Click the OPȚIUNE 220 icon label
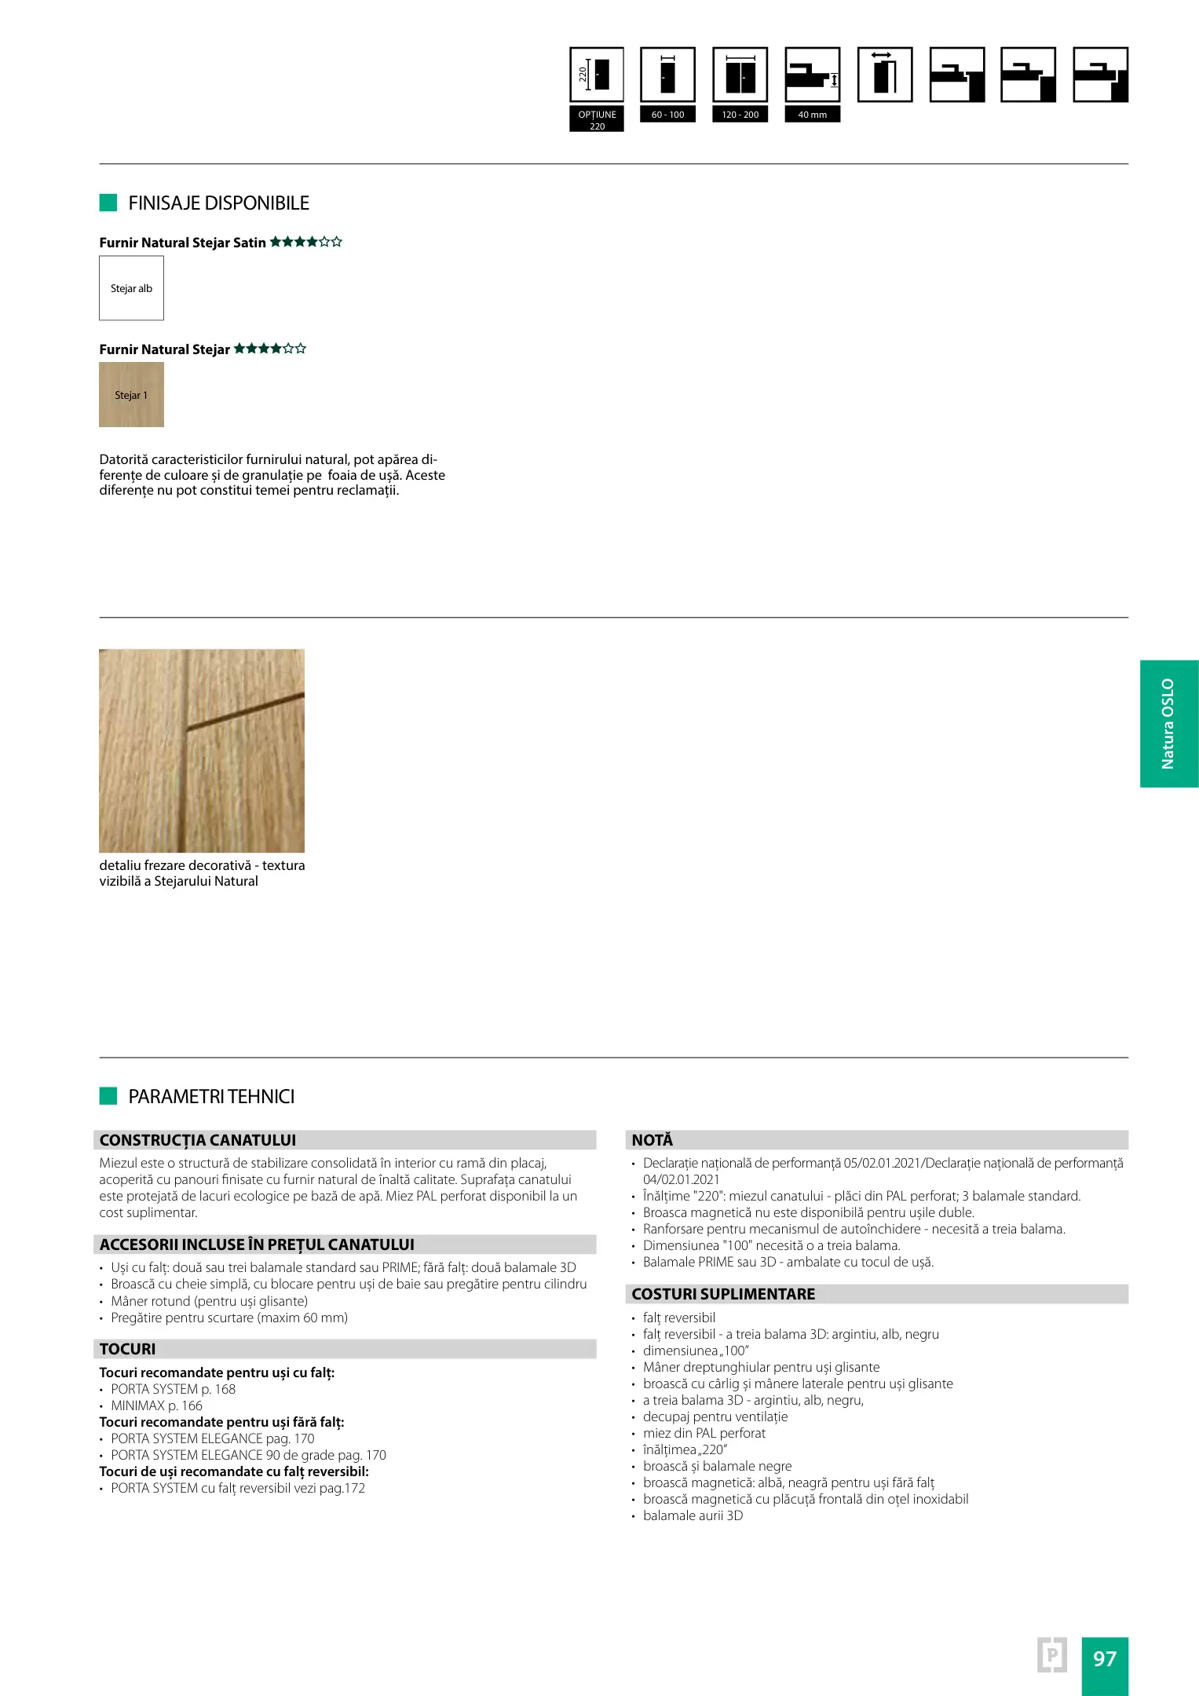[x=597, y=119]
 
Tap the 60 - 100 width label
[x=667, y=115]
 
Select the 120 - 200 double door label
[x=740, y=115]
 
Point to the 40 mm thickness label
[x=812, y=115]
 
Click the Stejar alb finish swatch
[x=131, y=288]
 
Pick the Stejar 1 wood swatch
[x=131, y=395]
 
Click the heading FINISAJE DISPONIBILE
[x=218, y=203]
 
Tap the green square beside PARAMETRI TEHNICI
[x=108, y=1096]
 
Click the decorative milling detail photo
[x=202, y=751]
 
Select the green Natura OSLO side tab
[x=1168, y=723]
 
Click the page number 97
[x=1104, y=1658]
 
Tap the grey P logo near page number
[x=1051, y=1655]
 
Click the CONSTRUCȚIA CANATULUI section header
[x=198, y=1140]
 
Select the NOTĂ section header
[x=652, y=1140]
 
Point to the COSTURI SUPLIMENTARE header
[x=723, y=1294]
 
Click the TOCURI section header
[x=128, y=1349]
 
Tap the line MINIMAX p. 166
[x=156, y=1405]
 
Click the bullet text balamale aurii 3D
[x=693, y=1515]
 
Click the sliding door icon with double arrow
[x=884, y=75]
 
